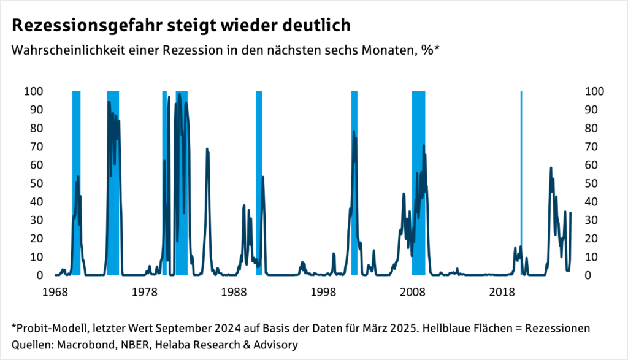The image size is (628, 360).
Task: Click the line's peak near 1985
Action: (x=207, y=149)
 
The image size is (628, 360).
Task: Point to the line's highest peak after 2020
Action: (x=551, y=167)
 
